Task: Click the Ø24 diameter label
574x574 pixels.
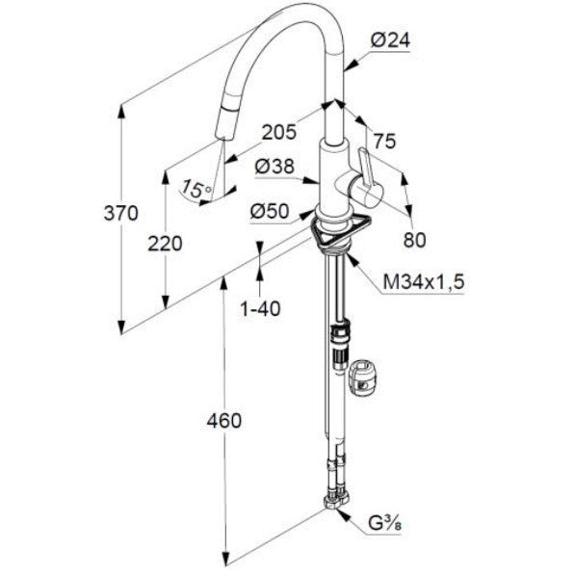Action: point(390,40)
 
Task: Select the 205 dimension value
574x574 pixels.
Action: point(279,132)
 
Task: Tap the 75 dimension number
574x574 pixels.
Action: point(384,141)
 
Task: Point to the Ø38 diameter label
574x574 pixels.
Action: point(274,167)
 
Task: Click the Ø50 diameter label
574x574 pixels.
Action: point(270,211)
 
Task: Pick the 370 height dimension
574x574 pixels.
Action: point(120,213)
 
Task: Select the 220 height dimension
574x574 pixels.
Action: point(165,244)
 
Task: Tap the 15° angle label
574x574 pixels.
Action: point(196,188)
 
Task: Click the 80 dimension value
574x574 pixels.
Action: point(415,240)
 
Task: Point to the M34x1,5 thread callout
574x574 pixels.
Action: point(424,282)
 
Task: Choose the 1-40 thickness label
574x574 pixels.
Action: point(260,308)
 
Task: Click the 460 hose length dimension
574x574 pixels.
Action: point(224,421)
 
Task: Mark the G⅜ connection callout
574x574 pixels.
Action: point(384,524)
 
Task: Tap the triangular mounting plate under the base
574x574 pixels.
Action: point(340,232)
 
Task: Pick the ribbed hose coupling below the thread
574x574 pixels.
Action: point(340,346)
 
